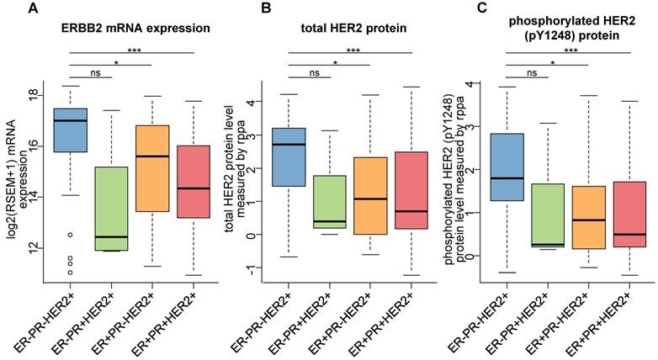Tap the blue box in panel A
[70, 130]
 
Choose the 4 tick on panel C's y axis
[472, 84]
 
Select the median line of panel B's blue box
[288, 145]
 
